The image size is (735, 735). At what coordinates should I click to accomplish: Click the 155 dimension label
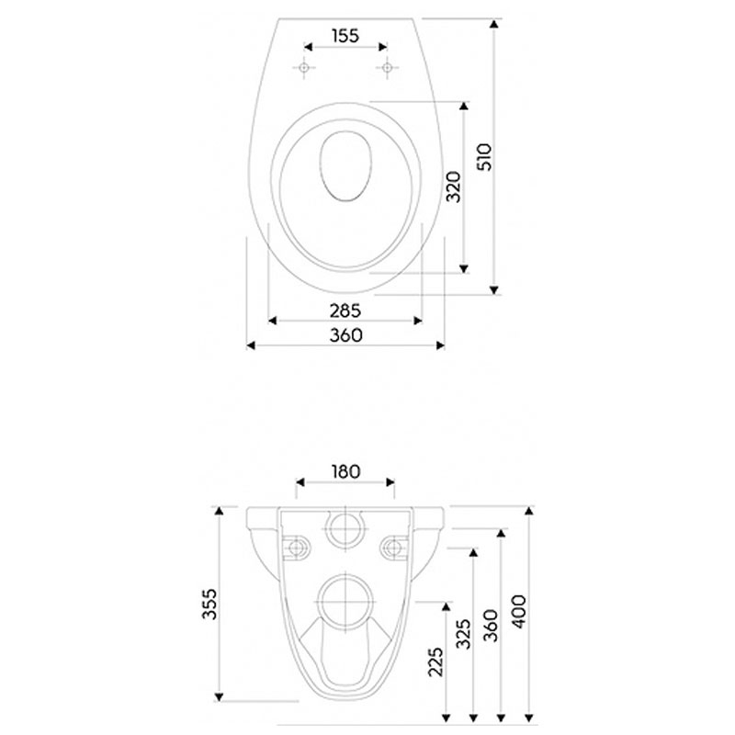pyautogui.click(x=345, y=36)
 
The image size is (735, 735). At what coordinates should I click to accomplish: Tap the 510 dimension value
pyautogui.click(x=484, y=157)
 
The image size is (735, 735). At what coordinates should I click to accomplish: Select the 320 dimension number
pyautogui.click(x=453, y=187)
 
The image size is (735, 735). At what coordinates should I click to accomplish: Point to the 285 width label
pyautogui.click(x=345, y=311)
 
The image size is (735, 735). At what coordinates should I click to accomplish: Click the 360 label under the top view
pyautogui.click(x=346, y=335)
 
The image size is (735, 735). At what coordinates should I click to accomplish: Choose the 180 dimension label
pyautogui.click(x=345, y=471)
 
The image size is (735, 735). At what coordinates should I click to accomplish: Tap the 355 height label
pyautogui.click(x=209, y=605)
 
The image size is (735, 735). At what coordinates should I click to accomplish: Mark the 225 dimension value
pyautogui.click(x=435, y=661)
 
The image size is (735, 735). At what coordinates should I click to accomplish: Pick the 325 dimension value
pyautogui.click(x=463, y=634)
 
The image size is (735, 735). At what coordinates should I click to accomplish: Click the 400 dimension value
pyautogui.click(x=519, y=612)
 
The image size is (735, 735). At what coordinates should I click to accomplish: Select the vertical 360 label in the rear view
pyautogui.click(x=491, y=626)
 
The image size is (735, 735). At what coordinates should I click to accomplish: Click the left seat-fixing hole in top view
pyautogui.click(x=304, y=68)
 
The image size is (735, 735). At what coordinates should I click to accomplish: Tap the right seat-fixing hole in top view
pyautogui.click(x=387, y=68)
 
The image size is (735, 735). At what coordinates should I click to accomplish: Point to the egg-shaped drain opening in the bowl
pyautogui.click(x=345, y=166)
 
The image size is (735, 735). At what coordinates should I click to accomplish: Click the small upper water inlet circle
pyautogui.click(x=345, y=529)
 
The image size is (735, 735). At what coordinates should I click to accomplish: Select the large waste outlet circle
pyautogui.click(x=345, y=602)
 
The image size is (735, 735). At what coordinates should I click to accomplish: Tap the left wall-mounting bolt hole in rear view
pyautogui.click(x=296, y=547)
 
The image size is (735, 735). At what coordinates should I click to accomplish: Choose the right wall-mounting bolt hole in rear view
pyautogui.click(x=395, y=547)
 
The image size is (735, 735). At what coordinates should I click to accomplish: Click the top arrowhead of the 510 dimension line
pyautogui.click(x=493, y=24)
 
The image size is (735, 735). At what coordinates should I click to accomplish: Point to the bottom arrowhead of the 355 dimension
pyautogui.click(x=219, y=697)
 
